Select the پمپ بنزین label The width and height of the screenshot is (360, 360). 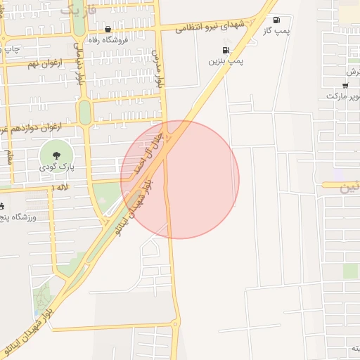(x=225, y=62)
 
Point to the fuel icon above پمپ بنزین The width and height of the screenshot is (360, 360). (x=225, y=50)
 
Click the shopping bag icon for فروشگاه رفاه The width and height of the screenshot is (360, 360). (x=108, y=30)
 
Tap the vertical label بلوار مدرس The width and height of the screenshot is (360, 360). (x=160, y=69)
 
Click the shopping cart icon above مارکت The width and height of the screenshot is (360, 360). (x=345, y=84)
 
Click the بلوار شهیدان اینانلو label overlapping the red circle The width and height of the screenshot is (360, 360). (x=138, y=198)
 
